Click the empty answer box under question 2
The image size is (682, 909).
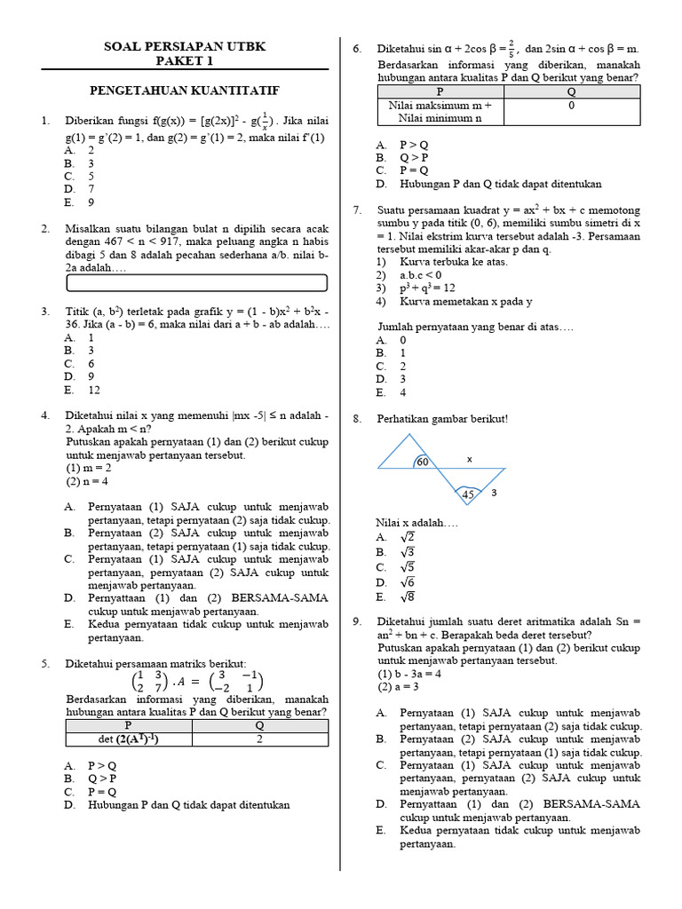coord(197,283)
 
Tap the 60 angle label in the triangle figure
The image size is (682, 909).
coord(423,462)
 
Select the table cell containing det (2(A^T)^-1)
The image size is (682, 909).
coord(131,739)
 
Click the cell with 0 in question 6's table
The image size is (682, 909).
coord(572,105)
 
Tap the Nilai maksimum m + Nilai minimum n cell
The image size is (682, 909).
coord(440,111)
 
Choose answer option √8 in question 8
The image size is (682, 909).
coord(408,597)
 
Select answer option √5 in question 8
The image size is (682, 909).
coord(408,567)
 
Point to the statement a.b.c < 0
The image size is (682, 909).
coord(420,275)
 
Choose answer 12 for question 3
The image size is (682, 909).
coord(94,391)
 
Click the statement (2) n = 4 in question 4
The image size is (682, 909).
coord(87,482)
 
